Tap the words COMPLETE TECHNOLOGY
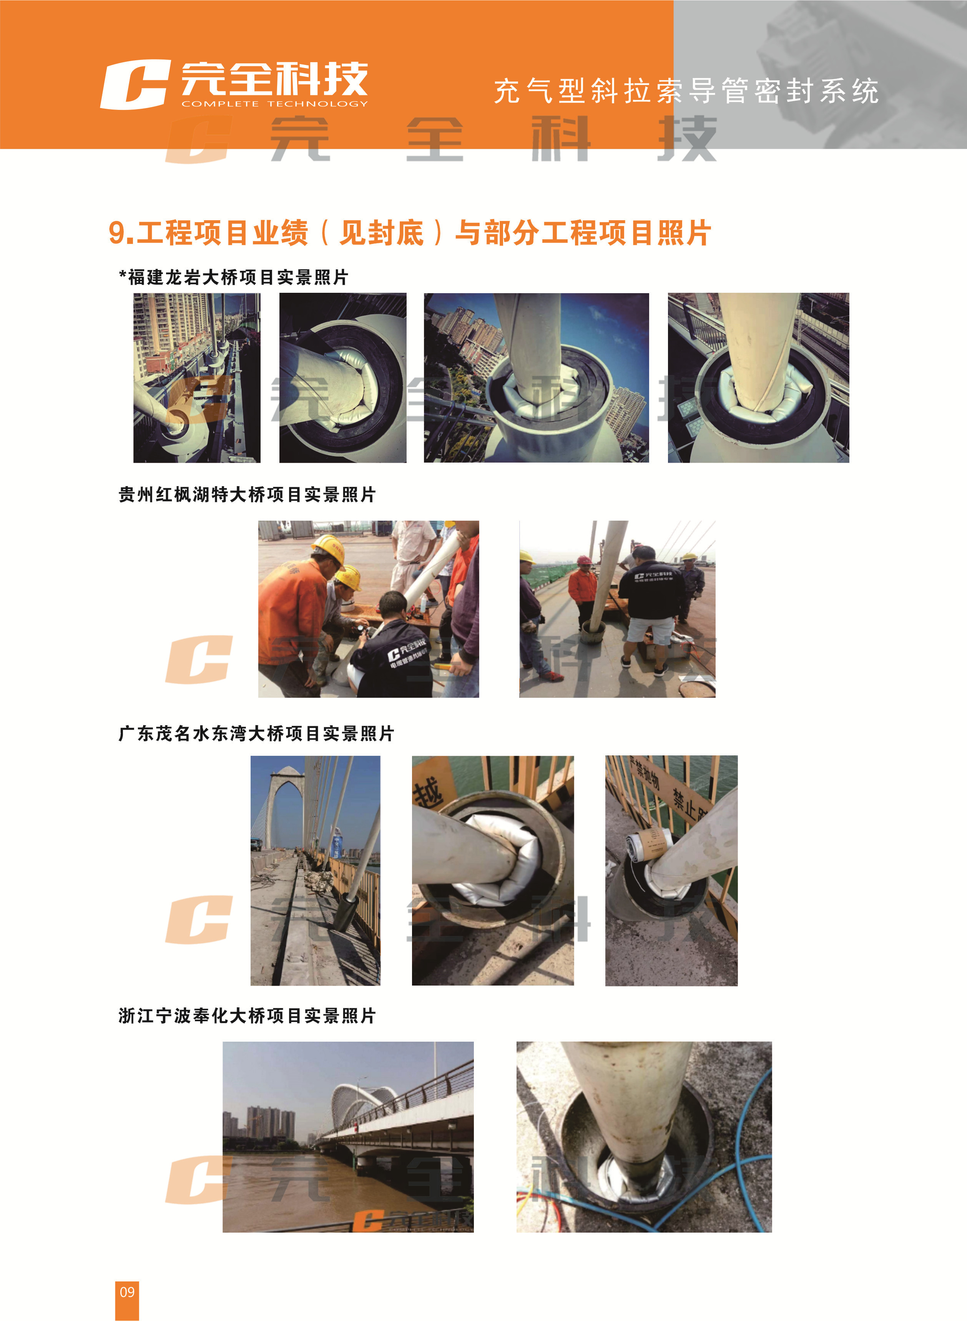274,104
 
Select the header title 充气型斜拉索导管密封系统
686,91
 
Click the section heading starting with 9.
410,233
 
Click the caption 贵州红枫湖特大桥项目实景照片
247,495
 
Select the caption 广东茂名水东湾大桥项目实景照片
256,734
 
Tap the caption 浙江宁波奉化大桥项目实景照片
247,1016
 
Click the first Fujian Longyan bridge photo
197,378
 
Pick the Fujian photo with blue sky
536,378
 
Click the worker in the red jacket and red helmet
583,588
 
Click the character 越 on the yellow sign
428,793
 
